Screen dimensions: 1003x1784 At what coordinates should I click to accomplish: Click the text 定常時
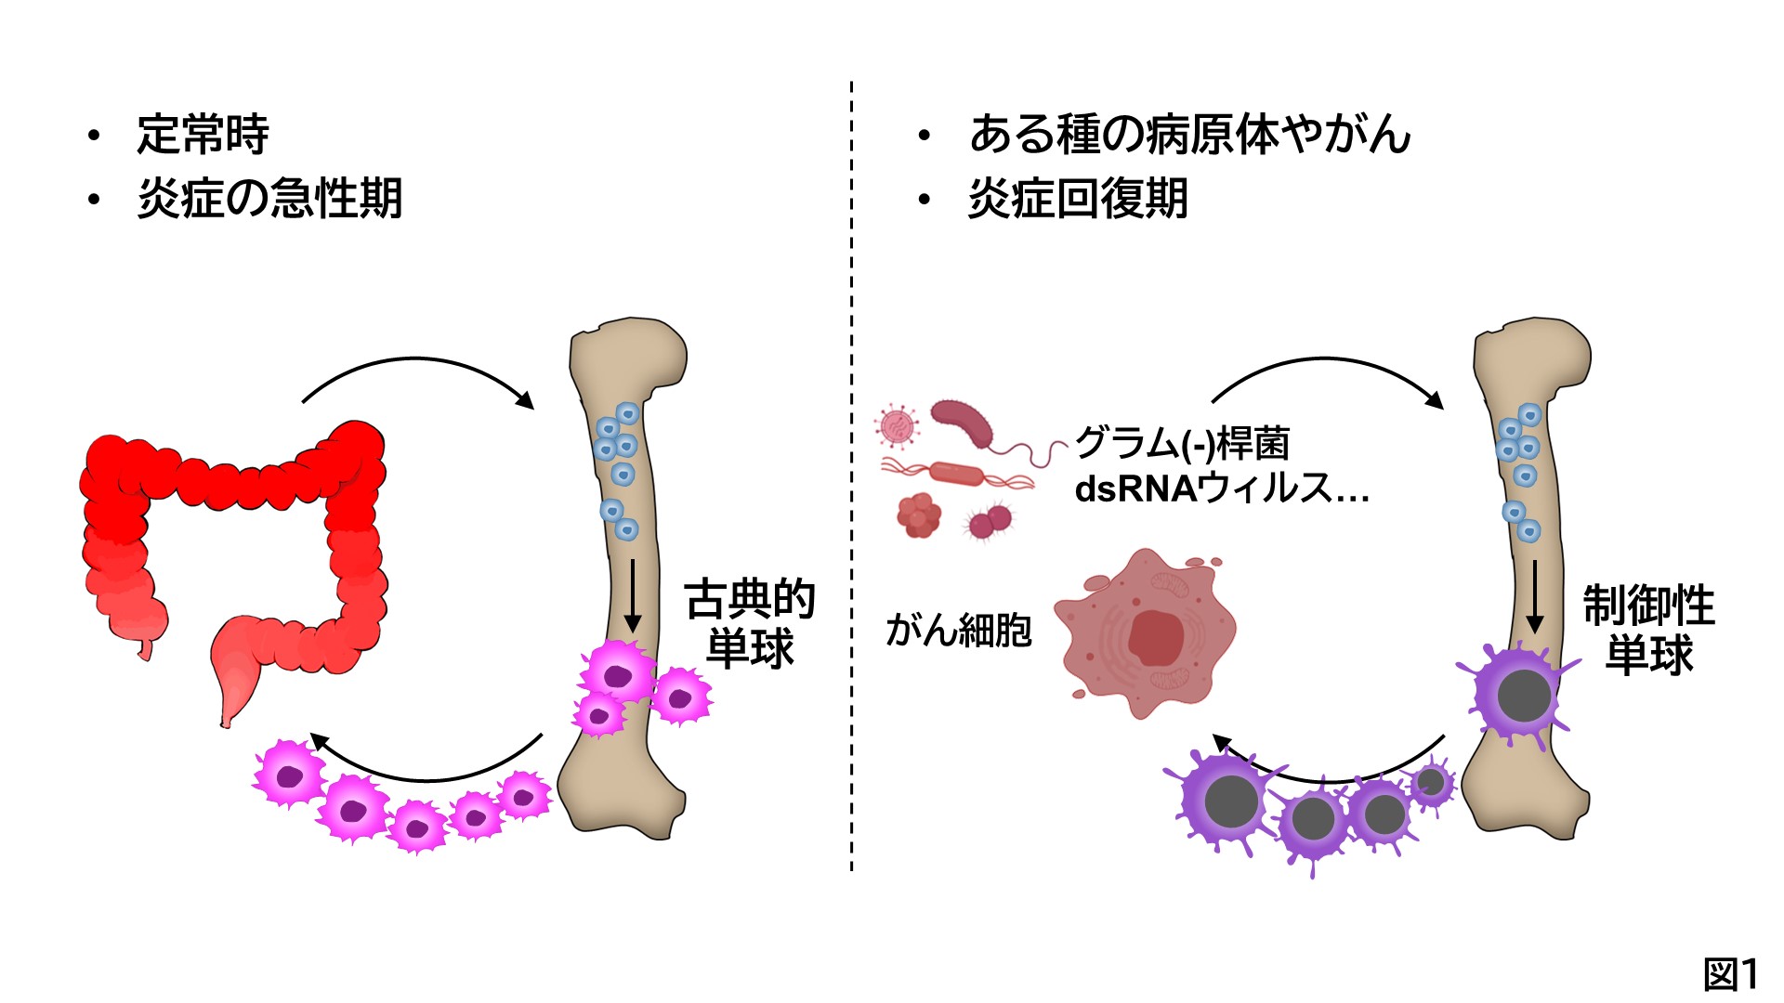(203, 135)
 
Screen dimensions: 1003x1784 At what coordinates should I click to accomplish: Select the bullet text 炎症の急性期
(269, 199)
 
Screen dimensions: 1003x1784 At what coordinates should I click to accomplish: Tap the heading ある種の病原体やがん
(1189, 135)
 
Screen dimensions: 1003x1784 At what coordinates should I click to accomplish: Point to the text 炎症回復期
(1078, 199)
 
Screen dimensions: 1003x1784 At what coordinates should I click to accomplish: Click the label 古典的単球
(750, 624)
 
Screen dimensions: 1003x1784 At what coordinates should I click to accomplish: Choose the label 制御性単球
(1649, 630)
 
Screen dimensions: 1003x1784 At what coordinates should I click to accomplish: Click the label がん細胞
(959, 631)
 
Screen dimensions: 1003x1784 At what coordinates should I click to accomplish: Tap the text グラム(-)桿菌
(1182, 444)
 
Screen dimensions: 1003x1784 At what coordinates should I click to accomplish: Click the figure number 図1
(1730, 974)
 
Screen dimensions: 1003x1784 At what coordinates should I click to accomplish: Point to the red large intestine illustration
(232, 539)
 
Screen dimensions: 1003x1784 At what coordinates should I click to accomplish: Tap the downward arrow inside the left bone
(633, 594)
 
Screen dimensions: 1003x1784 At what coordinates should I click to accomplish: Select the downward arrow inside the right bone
(1534, 594)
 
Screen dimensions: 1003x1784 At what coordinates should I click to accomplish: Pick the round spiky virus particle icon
(898, 426)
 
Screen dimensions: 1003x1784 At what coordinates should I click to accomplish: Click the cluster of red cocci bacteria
(919, 515)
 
